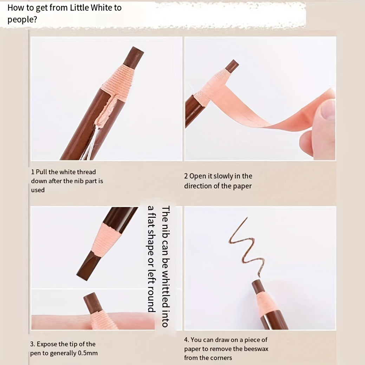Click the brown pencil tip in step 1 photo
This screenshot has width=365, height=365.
coord(133,57)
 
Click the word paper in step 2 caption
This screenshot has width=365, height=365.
coord(242,186)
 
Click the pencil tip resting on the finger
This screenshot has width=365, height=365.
coord(93,302)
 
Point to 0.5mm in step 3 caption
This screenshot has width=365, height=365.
coord(87,353)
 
